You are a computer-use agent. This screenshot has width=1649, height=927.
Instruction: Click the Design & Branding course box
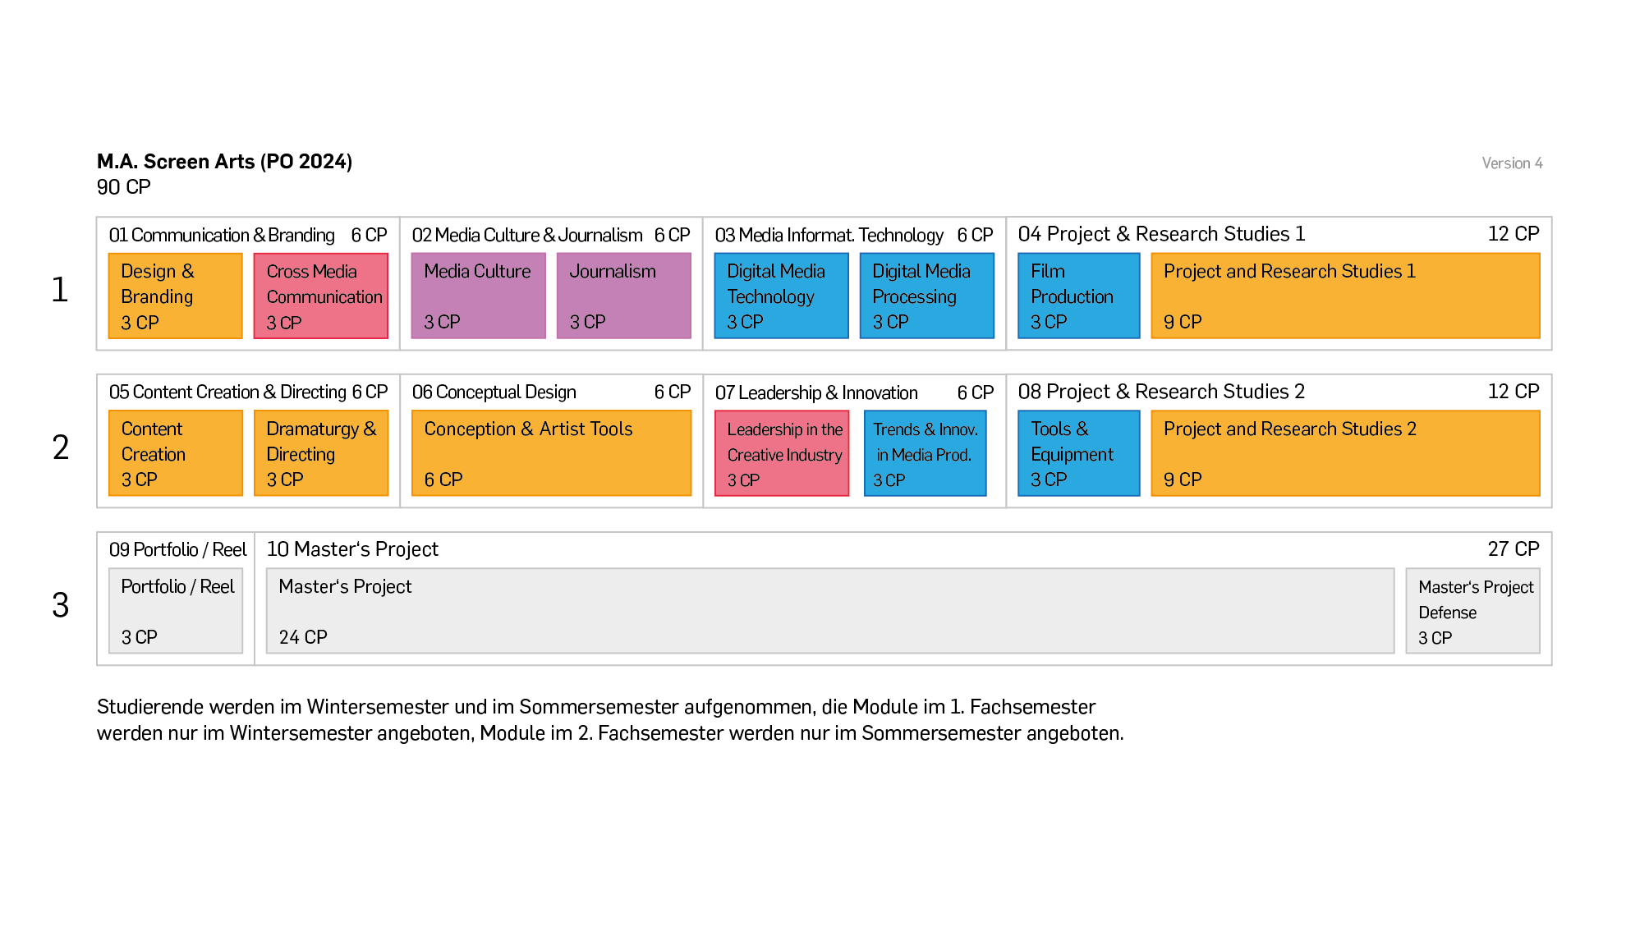point(176,296)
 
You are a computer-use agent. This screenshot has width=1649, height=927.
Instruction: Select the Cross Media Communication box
point(321,296)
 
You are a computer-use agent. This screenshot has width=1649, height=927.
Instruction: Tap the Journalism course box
point(624,296)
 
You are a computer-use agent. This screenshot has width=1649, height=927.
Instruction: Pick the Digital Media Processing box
point(927,296)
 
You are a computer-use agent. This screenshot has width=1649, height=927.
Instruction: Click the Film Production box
point(1079,296)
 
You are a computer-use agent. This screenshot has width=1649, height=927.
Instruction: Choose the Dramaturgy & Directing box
point(321,453)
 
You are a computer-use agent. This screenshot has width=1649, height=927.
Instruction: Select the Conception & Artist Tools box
point(552,453)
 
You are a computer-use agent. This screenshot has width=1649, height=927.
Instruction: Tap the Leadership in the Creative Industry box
point(782,453)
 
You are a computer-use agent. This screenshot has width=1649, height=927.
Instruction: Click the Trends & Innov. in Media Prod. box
point(926,453)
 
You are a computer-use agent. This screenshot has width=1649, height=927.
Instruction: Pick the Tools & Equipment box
point(1079,453)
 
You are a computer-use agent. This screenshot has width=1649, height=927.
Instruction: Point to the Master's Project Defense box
point(1473,611)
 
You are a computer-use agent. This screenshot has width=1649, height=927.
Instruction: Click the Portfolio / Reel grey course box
point(176,611)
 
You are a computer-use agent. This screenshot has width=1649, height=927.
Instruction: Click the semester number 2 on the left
point(61,447)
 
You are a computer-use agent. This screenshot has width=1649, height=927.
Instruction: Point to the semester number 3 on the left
point(61,605)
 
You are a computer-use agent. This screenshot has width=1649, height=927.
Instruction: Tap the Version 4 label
point(1512,163)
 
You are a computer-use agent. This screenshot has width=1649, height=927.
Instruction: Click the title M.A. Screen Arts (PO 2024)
point(224,162)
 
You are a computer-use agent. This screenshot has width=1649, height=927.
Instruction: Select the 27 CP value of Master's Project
point(1513,549)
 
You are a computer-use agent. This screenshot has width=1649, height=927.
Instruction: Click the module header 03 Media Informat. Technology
point(829,236)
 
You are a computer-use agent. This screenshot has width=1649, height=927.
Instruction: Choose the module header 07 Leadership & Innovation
point(816,393)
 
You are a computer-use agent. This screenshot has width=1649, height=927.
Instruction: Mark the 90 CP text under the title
point(124,187)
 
